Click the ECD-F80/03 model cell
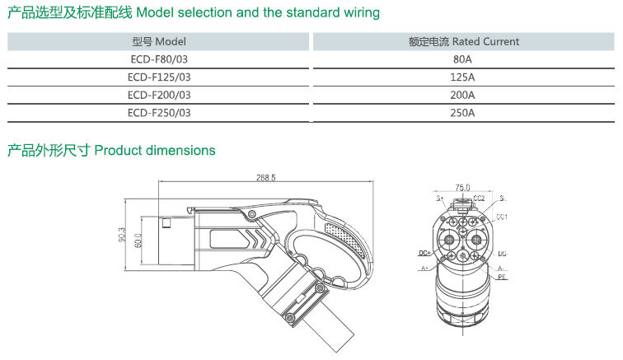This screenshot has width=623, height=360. coord(159,59)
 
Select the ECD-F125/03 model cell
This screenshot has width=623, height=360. coord(159,77)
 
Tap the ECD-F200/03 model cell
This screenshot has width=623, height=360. coord(159,95)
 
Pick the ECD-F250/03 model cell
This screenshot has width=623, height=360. coord(159,113)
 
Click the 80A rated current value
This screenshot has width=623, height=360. coord(462,59)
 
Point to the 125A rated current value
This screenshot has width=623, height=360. coord(462,77)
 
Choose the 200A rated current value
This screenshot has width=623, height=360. coord(462,95)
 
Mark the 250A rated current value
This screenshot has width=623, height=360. coord(462,113)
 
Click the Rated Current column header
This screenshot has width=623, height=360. coord(464,41)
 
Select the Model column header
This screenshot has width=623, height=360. coord(159,41)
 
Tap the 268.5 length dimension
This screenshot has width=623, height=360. coord(265,177)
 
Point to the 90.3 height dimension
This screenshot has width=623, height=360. coord(121,236)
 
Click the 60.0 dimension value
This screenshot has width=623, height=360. coord(138,239)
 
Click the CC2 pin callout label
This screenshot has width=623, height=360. coord(479,199)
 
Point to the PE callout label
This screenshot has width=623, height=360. coord(502,278)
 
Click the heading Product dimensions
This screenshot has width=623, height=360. coord(155,151)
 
